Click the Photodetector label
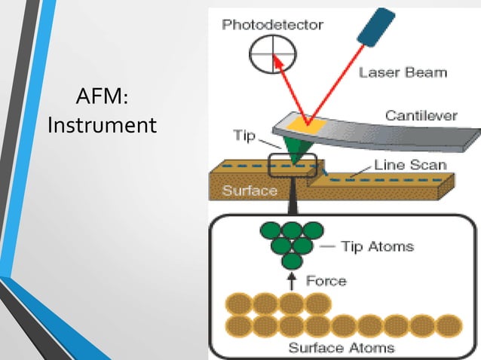(272, 25)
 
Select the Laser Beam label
(403, 73)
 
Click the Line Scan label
(411, 165)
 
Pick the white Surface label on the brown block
(250, 191)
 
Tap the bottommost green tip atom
(291, 262)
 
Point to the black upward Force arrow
(291, 282)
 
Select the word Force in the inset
(326, 281)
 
